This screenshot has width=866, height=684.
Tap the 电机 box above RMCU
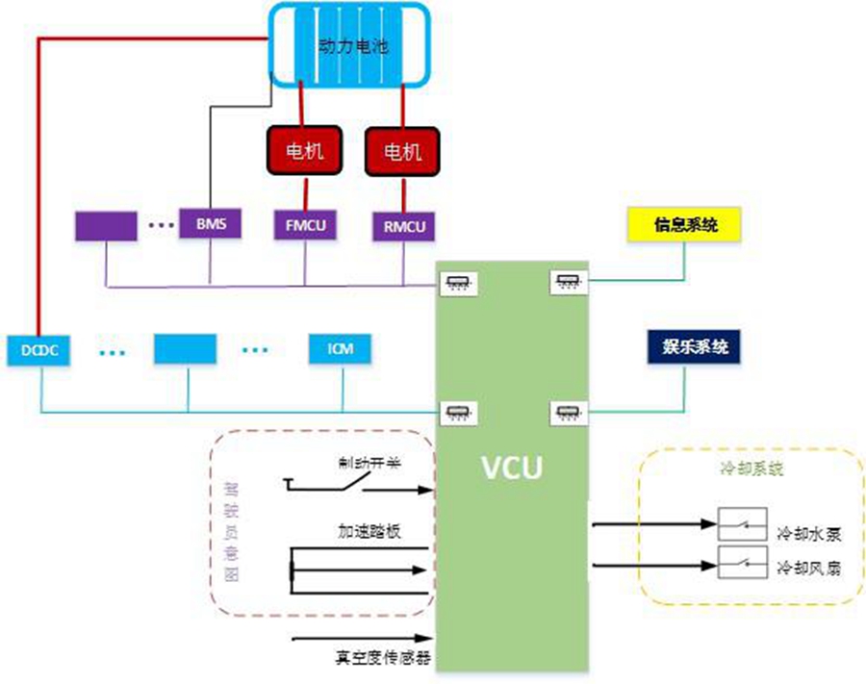coord(403,151)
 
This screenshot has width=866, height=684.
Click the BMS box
coord(210,225)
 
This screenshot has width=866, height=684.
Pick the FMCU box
coord(306,226)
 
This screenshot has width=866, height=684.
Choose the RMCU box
coord(403,226)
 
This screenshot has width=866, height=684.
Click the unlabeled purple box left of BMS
coord(106,225)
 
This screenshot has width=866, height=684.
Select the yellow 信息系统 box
coord(684,225)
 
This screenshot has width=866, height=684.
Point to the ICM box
coord(341,348)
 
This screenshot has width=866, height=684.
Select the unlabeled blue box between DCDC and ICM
coord(188,348)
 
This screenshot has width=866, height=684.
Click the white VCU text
coord(512,469)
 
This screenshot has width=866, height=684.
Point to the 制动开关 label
coord(369,462)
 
